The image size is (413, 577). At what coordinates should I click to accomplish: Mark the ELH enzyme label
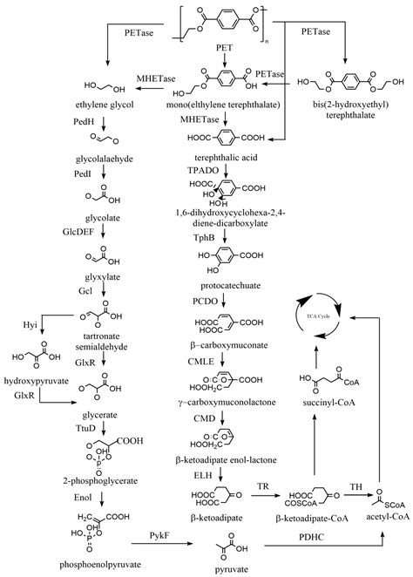[190, 478]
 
